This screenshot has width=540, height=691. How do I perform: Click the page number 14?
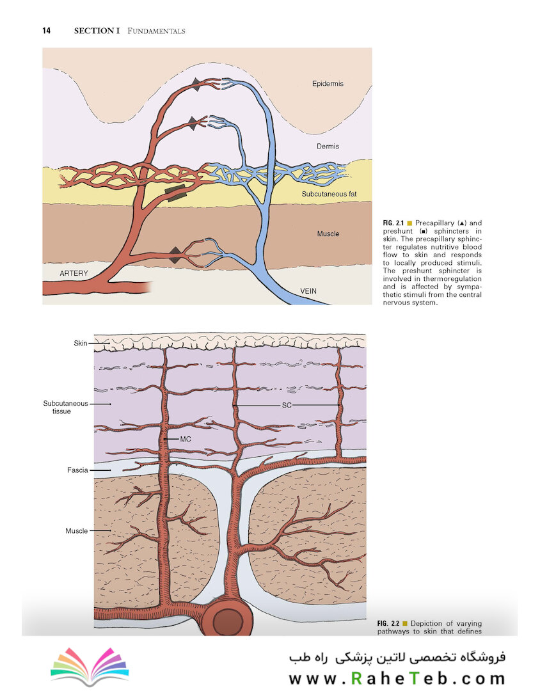(46, 31)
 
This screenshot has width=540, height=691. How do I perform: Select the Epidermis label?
(328, 84)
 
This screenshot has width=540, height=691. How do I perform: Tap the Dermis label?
(328, 147)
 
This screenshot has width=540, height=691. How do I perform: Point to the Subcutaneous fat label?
(329, 194)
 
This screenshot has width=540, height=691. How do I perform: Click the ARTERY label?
(74, 273)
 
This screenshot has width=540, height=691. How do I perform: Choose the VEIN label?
(308, 291)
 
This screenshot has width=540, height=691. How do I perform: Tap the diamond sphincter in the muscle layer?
(175, 255)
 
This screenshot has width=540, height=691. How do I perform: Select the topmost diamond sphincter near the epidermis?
(196, 84)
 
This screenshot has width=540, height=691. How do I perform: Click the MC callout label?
(186, 439)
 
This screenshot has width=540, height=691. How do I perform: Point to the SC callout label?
(287, 405)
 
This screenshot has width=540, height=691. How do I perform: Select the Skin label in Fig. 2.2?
(80, 343)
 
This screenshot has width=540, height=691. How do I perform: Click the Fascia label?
(77, 470)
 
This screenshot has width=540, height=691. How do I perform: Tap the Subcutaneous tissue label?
(65, 407)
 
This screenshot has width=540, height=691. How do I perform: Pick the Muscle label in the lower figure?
(77, 530)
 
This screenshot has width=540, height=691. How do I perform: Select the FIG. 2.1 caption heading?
(393, 223)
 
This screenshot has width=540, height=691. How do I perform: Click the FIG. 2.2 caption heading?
(388, 623)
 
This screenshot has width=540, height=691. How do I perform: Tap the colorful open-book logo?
(90, 665)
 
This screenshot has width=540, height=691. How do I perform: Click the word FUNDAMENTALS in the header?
(156, 31)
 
